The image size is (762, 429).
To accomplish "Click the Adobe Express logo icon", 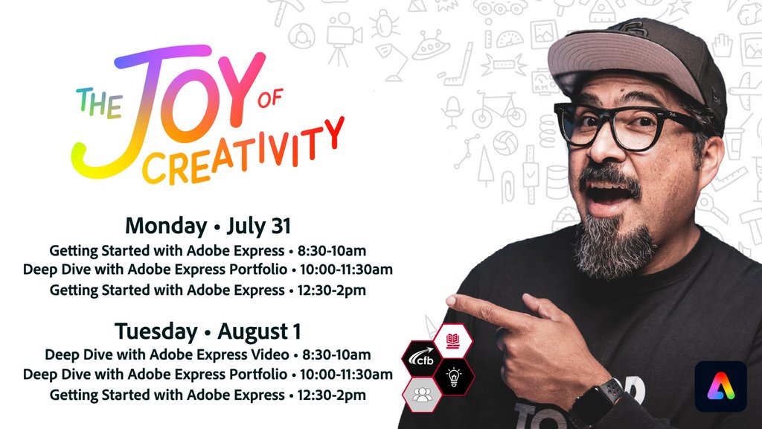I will (720, 386).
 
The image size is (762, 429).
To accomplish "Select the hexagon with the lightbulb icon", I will (453, 376).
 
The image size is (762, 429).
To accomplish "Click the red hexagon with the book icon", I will (453, 342).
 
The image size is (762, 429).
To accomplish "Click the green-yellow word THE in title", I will (100, 104).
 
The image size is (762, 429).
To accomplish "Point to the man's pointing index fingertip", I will (451, 301).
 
